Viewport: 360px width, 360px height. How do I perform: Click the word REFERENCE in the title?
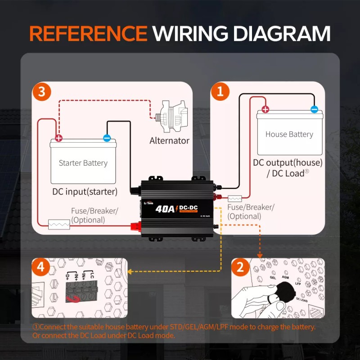coord(88,34)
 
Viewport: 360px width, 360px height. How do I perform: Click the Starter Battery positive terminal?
coord(58,138)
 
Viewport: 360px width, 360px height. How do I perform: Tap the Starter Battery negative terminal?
coord(107,138)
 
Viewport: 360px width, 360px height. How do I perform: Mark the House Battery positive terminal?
coord(265,109)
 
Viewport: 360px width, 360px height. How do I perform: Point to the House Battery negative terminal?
coord(314,109)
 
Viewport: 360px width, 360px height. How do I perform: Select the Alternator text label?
coord(169,140)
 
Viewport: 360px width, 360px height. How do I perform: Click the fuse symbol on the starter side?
coord(59,225)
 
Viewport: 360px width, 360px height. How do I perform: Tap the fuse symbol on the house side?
coord(235,198)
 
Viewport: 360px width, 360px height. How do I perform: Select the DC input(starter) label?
coord(85,192)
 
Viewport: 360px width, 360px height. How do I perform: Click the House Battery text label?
coord(289,134)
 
